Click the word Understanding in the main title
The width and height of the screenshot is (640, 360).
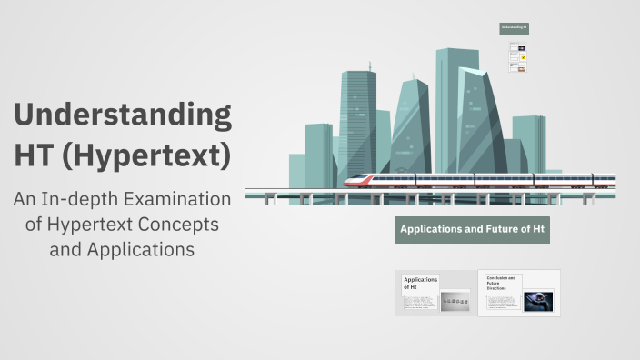123,116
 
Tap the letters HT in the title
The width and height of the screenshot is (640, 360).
35,155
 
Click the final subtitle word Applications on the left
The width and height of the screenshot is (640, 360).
135,248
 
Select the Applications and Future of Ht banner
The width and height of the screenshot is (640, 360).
473,229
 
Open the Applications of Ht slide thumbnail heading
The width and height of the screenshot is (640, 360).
420,283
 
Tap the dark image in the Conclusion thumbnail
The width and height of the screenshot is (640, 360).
538,299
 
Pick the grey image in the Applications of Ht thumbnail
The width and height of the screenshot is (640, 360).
455,302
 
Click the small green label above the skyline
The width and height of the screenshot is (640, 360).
514,28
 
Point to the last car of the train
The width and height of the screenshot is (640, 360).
591,180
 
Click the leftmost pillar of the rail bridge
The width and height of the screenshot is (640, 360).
269,199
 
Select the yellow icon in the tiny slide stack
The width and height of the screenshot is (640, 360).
523,56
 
